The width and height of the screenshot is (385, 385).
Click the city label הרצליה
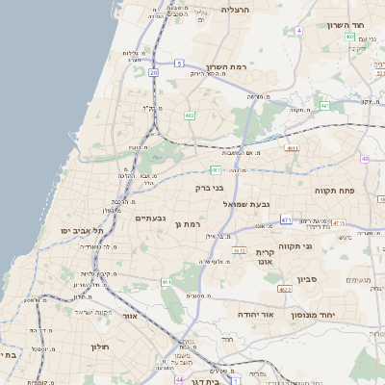(x=235, y=10)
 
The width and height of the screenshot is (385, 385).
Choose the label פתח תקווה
(x=336, y=191)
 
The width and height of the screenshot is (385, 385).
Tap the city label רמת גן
(x=188, y=223)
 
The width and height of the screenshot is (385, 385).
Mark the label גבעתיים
(x=146, y=218)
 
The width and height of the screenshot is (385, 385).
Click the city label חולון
(x=101, y=346)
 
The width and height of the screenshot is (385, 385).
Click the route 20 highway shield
(x=153, y=72)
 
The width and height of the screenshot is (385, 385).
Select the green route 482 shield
(x=190, y=115)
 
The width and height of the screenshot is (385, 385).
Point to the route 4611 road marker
(x=292, y=148)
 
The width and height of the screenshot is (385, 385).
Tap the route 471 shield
(x=286, y=219)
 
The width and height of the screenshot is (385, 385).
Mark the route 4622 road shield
(x=284, y=289)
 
